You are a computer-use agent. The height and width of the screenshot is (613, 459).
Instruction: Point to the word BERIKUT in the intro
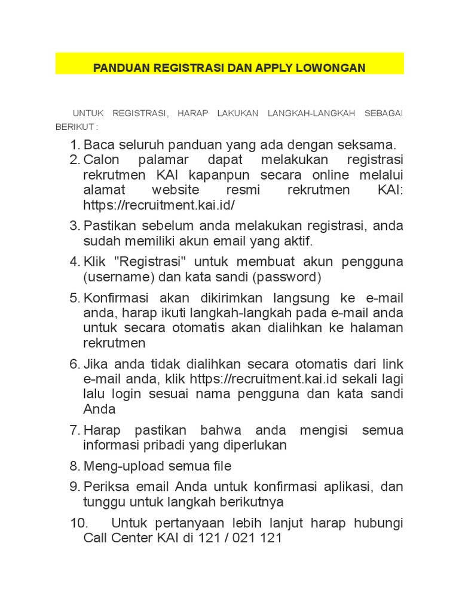point(74,127)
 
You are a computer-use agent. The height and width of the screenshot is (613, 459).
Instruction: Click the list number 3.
point(74,226)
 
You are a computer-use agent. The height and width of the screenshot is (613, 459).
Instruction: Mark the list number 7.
point(74,430)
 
